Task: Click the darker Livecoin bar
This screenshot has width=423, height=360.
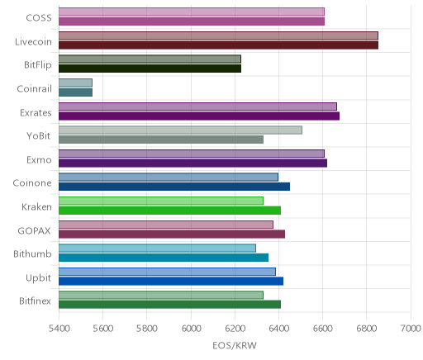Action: (218, 45)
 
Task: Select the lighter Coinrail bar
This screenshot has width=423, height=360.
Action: (75, 83)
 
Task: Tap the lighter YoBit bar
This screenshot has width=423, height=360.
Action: (180, 130)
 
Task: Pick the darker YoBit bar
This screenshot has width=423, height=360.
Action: (161, 140)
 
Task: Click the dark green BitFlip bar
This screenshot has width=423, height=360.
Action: (150, 69)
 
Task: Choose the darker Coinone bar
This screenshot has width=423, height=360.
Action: (174, 187)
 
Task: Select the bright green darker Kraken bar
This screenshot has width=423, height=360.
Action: (169, 211)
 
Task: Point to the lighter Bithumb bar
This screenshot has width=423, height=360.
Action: (157, 248)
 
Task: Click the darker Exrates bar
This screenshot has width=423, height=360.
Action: (199, 116)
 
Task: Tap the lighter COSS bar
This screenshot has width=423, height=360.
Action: (192, 12)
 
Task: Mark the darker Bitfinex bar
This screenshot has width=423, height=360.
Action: (169, 305)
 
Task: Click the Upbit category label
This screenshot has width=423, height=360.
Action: (38, 278)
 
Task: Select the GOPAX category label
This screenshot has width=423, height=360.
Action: (35, 230)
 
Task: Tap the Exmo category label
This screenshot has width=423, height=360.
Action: (39, 160)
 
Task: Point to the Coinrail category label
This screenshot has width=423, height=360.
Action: (34, 88)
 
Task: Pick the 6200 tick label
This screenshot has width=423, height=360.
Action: (235, 329)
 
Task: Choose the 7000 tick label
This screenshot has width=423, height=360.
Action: (411, 329)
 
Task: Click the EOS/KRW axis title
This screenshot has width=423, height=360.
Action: (235, 345)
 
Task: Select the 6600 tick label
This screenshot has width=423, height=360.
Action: (323, 329)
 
